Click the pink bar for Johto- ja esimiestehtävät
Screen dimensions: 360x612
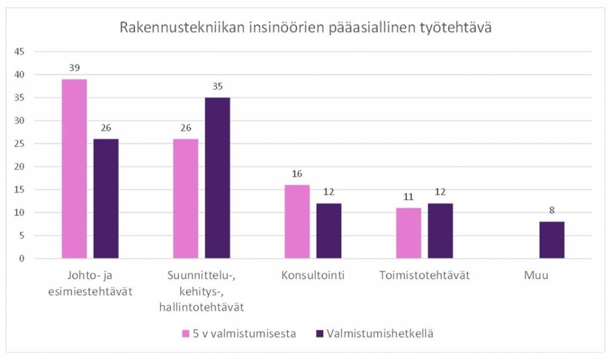[74, 169]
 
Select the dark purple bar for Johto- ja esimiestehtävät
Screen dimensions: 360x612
[106, 199]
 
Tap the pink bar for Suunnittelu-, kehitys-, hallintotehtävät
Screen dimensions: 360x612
[185, 199]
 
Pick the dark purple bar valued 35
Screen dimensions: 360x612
[217, 178]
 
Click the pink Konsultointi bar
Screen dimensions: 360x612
[297, 222]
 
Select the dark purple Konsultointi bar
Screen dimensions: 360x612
[329, 231]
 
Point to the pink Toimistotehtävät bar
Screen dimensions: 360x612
[408, 233]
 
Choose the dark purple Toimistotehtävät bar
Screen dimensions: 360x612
[440, 231]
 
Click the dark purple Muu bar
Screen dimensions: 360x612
[552, 240]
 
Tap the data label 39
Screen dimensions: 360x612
[74, 68]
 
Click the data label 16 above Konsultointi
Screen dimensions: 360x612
[297, 174]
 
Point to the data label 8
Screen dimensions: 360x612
[552, 210]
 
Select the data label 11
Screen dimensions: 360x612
[408, 197]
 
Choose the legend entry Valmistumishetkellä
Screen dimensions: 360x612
[374, 334]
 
